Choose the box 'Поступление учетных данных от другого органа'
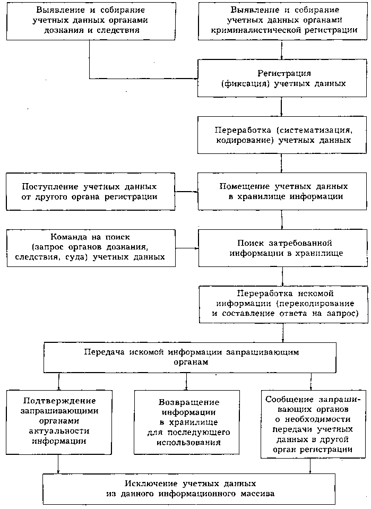coord(89,192)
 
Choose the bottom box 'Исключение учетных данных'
coord(192,489)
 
